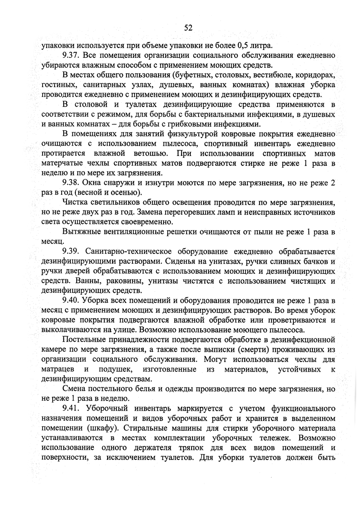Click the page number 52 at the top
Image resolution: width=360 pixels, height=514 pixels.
coord(188,28)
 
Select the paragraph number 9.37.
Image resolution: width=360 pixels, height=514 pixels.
coord(71,55)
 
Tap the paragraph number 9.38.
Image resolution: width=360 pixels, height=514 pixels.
coord(71,183)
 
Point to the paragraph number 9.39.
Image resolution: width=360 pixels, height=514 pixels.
coord(71,251)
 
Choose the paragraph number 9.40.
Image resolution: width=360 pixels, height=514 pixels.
coord(71,301)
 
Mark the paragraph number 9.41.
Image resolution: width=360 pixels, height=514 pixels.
coord(71,409)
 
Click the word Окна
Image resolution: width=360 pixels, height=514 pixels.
coord(96,183)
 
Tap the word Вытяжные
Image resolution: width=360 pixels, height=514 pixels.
coord(81,232)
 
